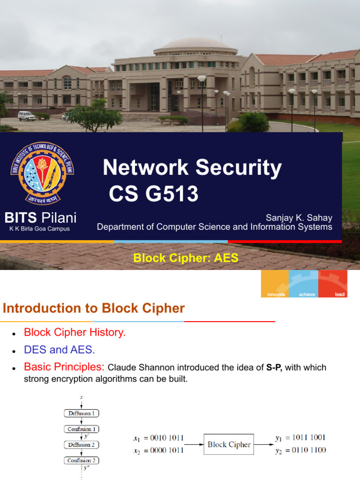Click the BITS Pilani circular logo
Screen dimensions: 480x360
coord(42,173)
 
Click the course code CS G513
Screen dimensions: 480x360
coord(154,194)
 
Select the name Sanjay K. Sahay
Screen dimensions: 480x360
coord(299,217)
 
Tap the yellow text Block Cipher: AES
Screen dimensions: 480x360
coord(186,257)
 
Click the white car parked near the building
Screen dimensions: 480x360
coord(26,115)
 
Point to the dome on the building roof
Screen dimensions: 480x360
coord(195,45)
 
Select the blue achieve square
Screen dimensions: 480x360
coord(304,284)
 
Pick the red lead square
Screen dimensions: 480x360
coord(333,284)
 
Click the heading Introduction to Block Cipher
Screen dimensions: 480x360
coord(94,308)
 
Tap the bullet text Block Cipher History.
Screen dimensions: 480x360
coord(75,333)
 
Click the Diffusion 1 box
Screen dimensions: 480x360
coord(82,413)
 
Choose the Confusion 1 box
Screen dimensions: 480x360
coord(82,429)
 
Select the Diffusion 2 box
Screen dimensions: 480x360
coord(82,445)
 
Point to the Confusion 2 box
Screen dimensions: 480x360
coord(82,460)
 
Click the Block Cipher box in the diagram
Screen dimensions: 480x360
coord(229,444)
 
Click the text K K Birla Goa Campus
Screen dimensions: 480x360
coord(39,229)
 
